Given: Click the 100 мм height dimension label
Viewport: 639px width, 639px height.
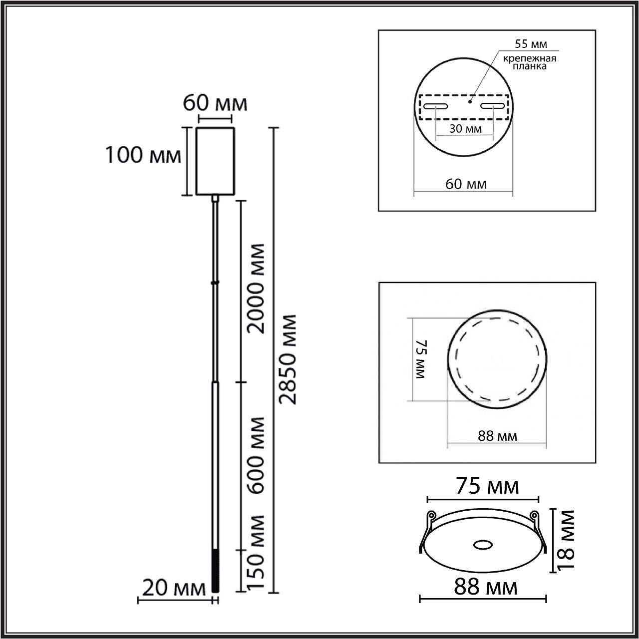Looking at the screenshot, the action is click(143, 155).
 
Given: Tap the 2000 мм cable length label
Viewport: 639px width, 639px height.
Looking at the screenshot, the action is click(256, 289).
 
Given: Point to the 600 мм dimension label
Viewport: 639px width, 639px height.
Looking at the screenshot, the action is click(256, 456).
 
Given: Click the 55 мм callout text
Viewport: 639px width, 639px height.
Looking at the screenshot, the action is click(531, 44).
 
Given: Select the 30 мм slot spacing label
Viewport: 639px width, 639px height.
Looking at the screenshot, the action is click(465, 128).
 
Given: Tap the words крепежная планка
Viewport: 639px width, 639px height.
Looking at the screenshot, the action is click(530, 62).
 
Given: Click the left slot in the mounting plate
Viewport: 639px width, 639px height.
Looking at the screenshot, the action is click(436, 106).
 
